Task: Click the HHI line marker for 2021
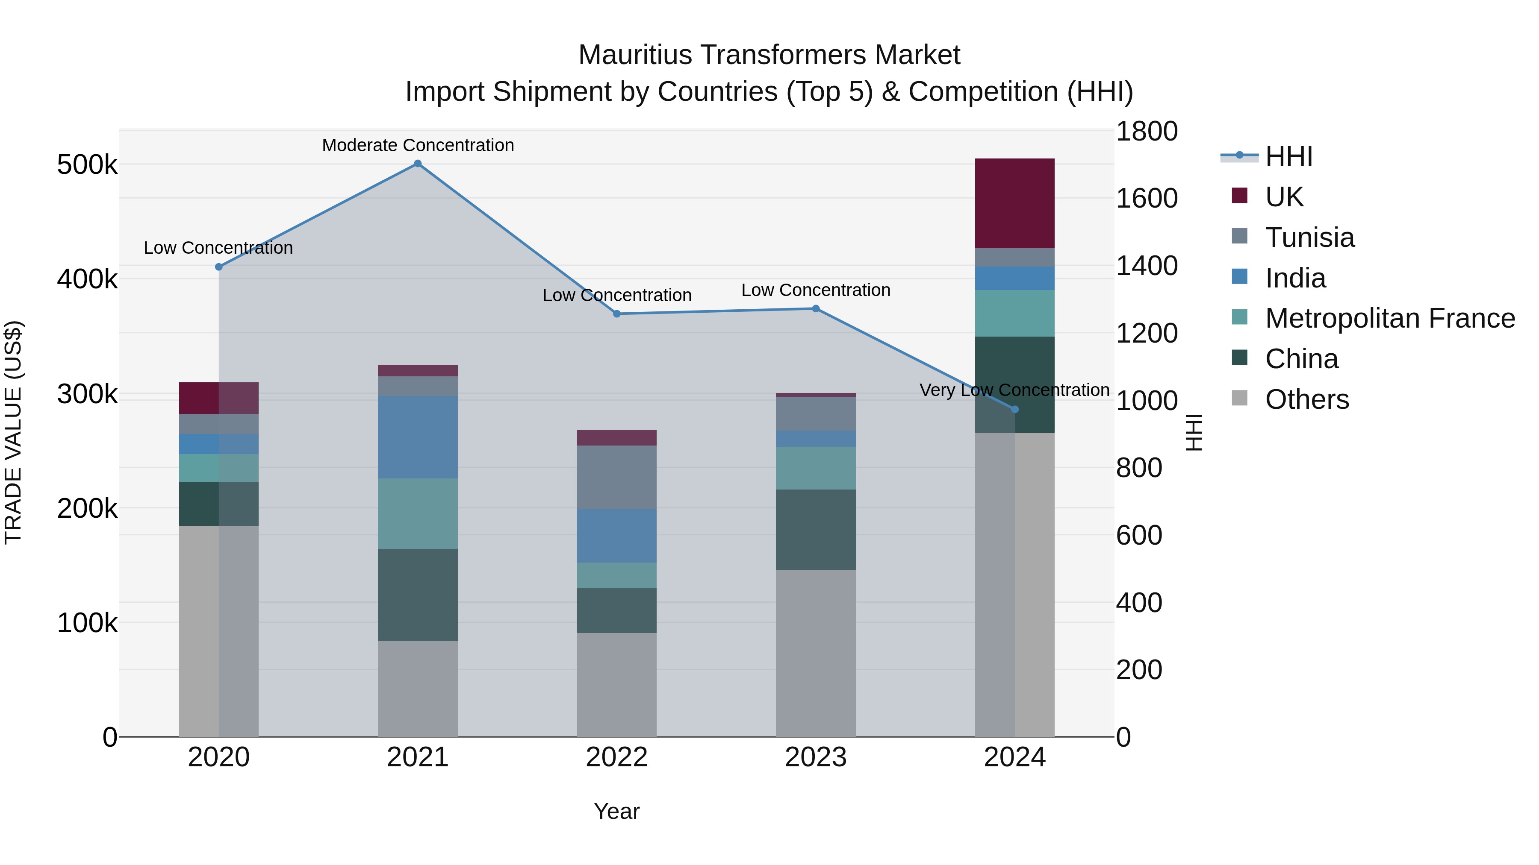418,164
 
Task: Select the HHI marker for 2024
1014,410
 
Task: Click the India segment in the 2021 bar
418,437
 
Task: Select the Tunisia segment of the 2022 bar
616,477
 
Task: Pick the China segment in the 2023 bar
816,530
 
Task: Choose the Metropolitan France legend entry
1390,318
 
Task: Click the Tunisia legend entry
1309,238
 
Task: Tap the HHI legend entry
1288,156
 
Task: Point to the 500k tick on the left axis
87,165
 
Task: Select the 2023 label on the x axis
816,757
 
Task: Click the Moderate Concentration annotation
418,145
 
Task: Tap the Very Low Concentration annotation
1014,390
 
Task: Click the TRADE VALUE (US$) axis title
13,432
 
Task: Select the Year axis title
616,811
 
